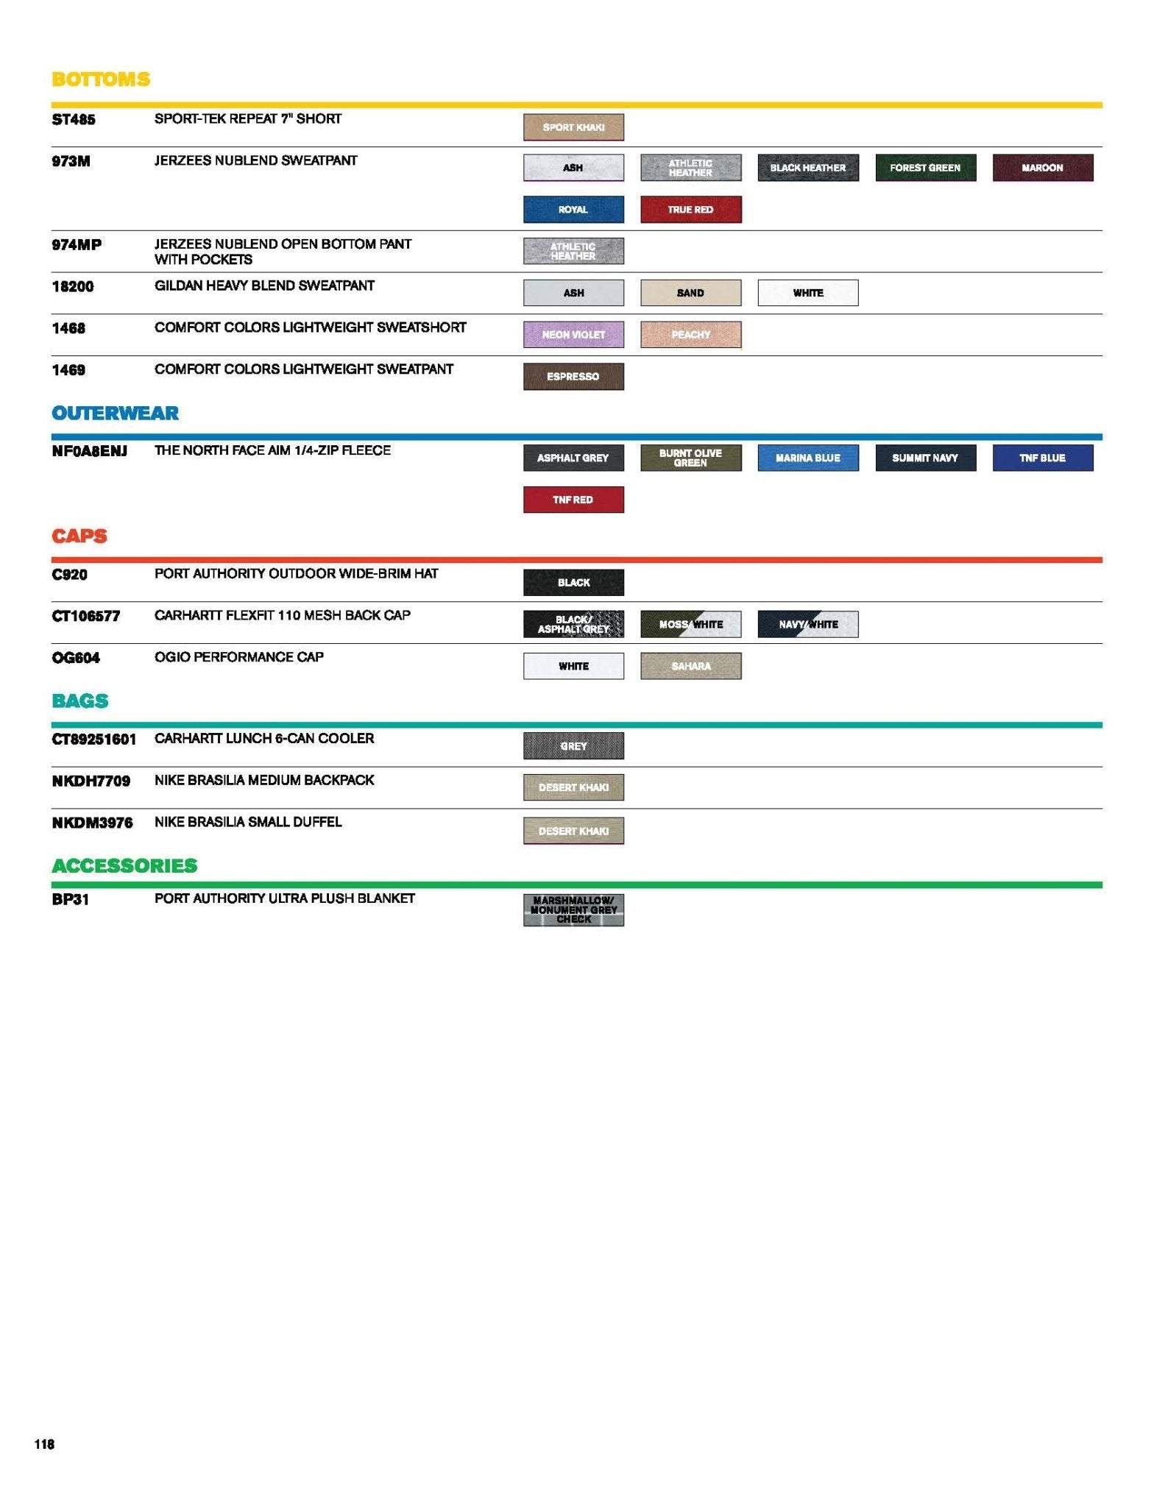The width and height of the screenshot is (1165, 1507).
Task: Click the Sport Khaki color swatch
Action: pyautogui.click(x=573, y=127)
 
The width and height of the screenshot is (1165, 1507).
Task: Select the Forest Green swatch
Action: pyautogui.click(x=925, y=168)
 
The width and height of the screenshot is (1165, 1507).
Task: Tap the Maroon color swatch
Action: pyautogui.click(x=1042, y=168)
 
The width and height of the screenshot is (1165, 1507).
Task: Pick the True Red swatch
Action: pyautogui.click(x=690, y=210)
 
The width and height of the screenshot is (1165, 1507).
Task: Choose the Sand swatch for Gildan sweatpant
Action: pyautogui.click(x=690, y=293)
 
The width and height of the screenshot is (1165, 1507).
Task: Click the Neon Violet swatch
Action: pyautogui.click(x=573, y=335)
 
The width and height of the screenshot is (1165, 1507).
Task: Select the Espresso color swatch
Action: pyautogui.click(x=573, y=377)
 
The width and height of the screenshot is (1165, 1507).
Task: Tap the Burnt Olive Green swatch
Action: pyautogui.click(x=690, y=458)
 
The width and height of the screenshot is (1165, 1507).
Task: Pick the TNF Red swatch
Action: pyautogui.click(x=573, y=500)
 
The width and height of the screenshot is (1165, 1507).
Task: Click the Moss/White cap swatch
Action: pyautogui.click(x=690, y=625)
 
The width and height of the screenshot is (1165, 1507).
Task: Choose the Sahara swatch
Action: pyautogui.click(x=690, y=667)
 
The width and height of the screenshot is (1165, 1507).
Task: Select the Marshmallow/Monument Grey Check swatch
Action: pyautogui.click(x=573, y=910)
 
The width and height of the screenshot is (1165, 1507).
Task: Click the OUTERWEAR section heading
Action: pyautogui.click(x=116, y=414)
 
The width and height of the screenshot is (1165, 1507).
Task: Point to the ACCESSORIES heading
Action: pyautogui.click(x=124, y=866)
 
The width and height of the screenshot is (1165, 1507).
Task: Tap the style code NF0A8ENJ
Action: pyautogui.click(x=89, y=451)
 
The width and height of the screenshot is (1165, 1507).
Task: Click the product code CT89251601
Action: pyautogui.click(x=93, y=740)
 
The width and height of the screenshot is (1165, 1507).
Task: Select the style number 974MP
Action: pyautogui.click(x=77, y=245)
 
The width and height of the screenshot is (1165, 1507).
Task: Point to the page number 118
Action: pyautogui.click(x=44, y=1444)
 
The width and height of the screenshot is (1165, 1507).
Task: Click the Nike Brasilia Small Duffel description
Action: pyautogui.click(x=248, y=822)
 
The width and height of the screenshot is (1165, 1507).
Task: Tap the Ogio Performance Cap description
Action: pyautogui.click(x=239, y=657)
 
